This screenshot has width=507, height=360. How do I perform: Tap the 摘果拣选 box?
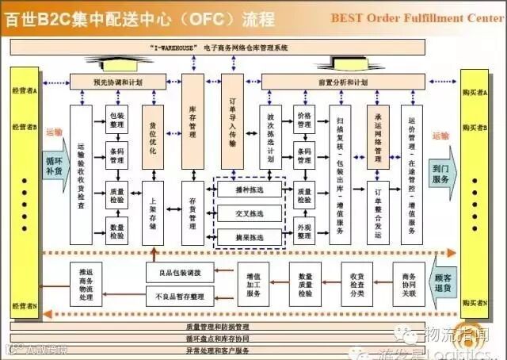249,236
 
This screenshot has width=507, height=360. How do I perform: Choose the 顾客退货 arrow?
444,283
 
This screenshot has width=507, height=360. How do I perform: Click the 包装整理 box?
117,120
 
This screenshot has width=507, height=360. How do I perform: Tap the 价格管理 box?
304,120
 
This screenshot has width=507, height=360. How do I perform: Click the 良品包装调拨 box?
180,273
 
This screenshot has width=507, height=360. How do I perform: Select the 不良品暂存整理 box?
180,296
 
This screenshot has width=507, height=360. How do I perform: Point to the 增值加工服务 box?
254,284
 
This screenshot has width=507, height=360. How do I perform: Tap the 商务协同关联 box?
409,284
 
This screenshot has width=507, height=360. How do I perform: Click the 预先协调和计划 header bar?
119,82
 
